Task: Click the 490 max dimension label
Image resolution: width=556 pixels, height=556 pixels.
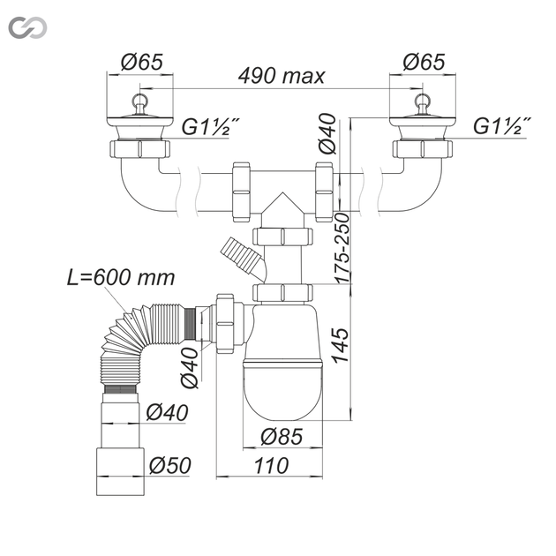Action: click(282, 76)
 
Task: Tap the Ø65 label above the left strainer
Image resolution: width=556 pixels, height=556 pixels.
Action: click(141, 62)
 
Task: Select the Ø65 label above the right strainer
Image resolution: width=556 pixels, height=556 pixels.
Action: click(424, 62)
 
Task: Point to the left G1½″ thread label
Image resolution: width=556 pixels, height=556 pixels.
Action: click(210, 126)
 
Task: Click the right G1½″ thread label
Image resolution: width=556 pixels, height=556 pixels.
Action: click(502, 126)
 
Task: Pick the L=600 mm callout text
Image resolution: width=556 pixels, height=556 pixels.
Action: click(121, 277)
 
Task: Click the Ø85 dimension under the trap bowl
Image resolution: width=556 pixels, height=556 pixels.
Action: click(282, 436)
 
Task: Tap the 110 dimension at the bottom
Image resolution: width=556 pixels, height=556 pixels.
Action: click(271, 466)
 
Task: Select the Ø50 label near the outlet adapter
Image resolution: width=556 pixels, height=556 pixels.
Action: click(169, 465)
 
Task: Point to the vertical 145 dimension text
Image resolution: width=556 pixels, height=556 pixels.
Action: click(341, 345)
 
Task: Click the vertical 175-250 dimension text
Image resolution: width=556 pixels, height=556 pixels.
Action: click(342, 248)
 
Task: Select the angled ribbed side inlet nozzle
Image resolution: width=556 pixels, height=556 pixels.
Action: click(242, 257)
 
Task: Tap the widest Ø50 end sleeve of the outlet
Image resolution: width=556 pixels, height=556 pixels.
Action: click(120, 471)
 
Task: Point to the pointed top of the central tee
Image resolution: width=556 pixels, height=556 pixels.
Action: click(282, 193)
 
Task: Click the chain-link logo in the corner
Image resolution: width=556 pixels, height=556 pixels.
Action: click(27, 27)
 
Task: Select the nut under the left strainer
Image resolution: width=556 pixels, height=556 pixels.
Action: click(139, 149)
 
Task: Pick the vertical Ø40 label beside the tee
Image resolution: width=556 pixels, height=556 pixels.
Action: click(327, 133)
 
